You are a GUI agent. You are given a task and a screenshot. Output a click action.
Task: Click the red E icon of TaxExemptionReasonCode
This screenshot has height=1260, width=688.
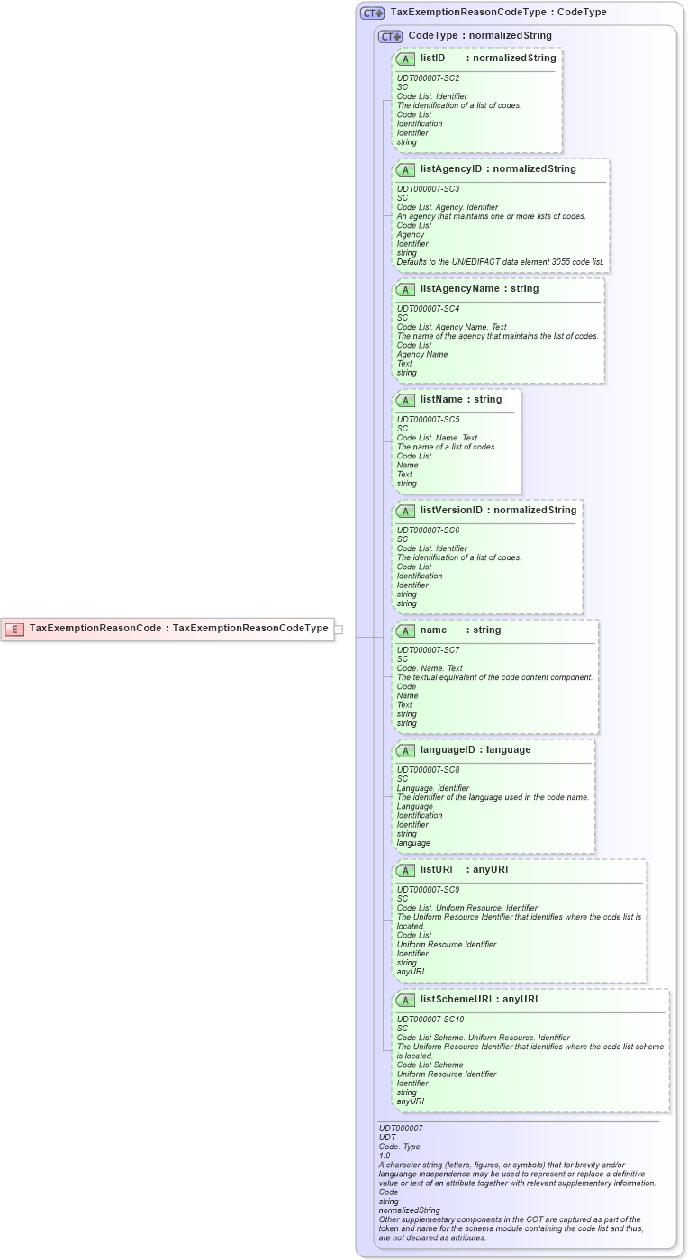14,629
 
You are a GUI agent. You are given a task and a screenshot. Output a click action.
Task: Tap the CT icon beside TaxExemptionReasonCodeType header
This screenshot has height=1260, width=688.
372,13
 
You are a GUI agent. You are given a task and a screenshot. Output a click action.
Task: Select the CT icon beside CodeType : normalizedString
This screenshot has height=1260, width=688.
390,36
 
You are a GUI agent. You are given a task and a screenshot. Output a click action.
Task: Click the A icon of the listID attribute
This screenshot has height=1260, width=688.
405,59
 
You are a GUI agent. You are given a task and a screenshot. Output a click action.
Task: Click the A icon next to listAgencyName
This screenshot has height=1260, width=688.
405,289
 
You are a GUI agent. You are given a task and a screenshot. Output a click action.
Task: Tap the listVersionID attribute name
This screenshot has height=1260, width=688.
451,511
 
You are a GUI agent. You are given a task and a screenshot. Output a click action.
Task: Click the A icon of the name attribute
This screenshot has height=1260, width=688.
405,630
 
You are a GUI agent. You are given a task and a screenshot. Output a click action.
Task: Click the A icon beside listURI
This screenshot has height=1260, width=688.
405,870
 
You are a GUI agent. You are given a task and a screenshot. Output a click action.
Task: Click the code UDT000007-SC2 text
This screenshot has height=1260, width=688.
428,78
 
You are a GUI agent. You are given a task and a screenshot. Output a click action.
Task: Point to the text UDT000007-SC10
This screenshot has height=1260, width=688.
430,1020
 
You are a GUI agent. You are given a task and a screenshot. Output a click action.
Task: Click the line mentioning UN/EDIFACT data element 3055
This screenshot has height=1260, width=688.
501,262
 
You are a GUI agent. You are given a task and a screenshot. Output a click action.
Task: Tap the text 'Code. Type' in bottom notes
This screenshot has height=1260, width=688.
399,1147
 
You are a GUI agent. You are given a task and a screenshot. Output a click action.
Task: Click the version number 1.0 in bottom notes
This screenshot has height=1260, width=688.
385,1156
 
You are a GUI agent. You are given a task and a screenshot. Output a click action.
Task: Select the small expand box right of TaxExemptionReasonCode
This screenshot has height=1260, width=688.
339,630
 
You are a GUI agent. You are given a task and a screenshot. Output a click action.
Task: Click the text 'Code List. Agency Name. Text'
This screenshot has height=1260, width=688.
451,327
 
